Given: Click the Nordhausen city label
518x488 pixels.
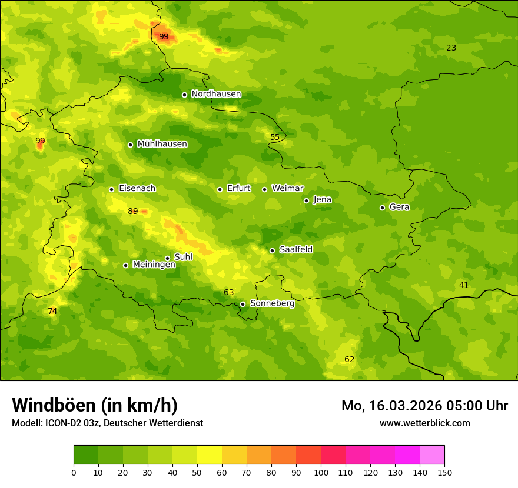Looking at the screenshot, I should pos(216,94).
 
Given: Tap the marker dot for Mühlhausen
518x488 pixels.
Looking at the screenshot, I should pos(130,145).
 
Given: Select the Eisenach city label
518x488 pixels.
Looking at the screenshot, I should pos(137,189).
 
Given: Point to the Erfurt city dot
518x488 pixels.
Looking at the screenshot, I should pos(220,189).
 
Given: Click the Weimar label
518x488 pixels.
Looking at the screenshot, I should pos(288,189).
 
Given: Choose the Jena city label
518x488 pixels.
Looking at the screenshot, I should pos(323,200).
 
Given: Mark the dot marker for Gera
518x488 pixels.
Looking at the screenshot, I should pos(382,208).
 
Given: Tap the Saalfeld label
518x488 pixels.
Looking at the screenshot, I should pos(296,250).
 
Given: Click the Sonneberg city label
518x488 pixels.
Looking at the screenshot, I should pos(273,303).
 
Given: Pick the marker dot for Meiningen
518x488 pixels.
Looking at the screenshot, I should pos(125,265).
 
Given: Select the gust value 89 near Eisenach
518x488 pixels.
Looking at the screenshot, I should pos(133,212).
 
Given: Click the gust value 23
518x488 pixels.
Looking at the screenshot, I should pos(451,48).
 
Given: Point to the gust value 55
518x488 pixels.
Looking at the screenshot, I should pos(275,137).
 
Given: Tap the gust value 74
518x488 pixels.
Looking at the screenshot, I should pos(52,311).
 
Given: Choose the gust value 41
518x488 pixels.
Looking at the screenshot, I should pos(464,285).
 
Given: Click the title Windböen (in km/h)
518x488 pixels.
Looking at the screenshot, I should pos(95,406).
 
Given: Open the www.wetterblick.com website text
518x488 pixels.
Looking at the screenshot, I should pos(424,423).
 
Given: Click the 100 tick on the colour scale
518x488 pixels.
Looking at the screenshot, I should pos(321,472).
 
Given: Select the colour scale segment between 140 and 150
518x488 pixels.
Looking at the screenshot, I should pos(432,455).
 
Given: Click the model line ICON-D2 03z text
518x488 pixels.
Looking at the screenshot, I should pos(107,423).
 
